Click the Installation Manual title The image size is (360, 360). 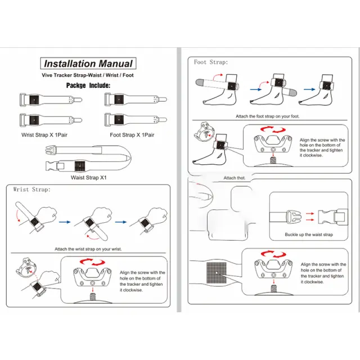pos(88,64)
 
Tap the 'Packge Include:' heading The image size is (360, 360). pos(88,85)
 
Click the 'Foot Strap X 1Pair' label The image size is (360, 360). pos(132,135)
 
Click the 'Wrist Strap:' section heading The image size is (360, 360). pos(31,190)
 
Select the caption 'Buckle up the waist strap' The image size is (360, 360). pos(309,235)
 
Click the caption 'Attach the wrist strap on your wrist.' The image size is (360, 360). pos(88,249)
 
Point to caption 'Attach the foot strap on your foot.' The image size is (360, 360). pos(268,117)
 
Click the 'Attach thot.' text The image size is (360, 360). pos(235,178)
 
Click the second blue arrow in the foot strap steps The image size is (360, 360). pos(309,88)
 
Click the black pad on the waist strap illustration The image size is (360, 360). pos(79,166)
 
